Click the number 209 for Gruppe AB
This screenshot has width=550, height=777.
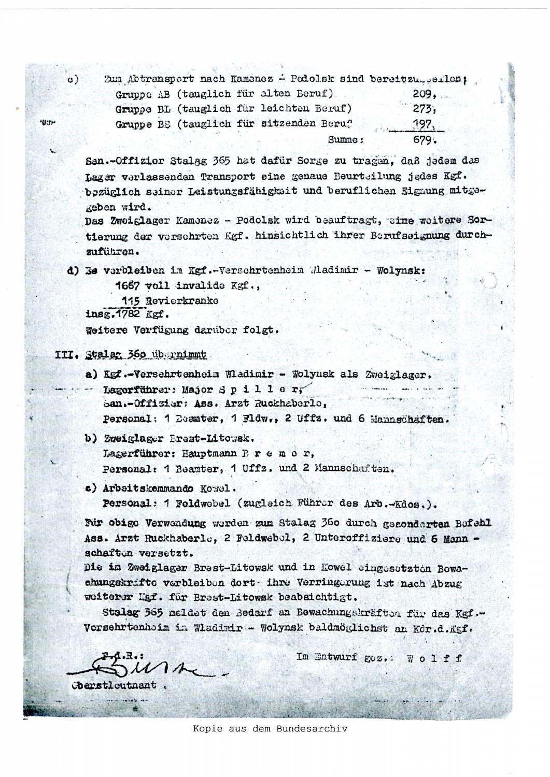point(418,95)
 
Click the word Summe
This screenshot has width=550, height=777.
point(343,139)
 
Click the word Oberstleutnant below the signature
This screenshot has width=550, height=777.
point(114,685)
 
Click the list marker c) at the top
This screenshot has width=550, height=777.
point(72,80)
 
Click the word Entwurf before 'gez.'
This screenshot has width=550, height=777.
point(333,657)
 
